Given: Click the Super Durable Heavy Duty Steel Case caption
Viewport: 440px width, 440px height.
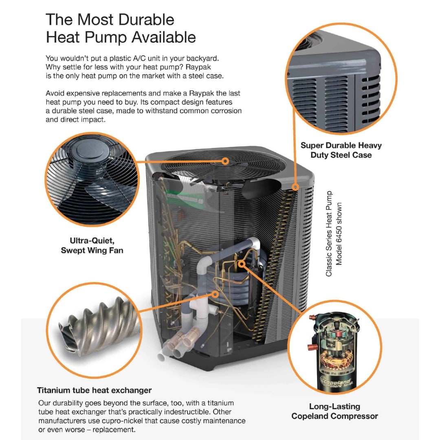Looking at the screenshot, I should (x=341, y=150).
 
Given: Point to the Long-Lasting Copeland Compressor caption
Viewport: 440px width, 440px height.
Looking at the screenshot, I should (x=334, y=411).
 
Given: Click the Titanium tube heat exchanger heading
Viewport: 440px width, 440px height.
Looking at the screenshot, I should (x=94, y=390).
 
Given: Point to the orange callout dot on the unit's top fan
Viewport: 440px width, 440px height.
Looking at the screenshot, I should (x=225, y=161).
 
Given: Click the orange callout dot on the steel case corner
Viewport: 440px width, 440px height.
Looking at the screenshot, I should (x=296, y=187).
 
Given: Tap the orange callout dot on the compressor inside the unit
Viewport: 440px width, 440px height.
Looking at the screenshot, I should (x=242, y=264).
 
